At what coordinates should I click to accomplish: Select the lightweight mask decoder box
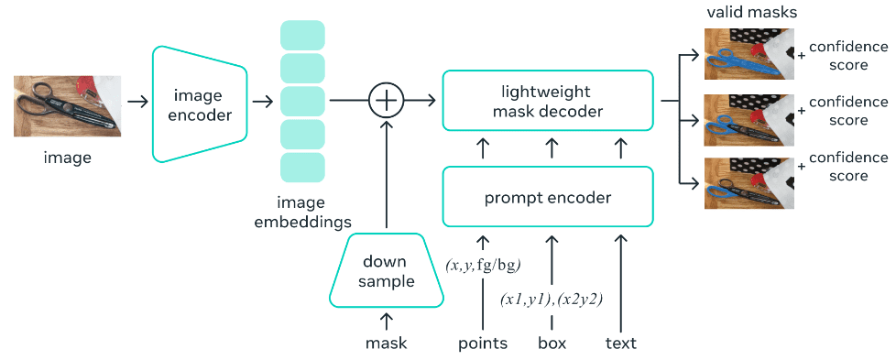coord(548,101)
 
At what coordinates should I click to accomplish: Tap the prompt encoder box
coord(548,197)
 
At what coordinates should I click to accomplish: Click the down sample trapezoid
coord(386,270)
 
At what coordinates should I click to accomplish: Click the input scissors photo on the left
coord(67,105)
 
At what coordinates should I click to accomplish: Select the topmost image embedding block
coord(301,35)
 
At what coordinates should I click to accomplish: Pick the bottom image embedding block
coord(301,168)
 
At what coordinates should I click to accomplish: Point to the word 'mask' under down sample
coord(386,344)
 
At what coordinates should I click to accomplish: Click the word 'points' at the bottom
coord(483,344)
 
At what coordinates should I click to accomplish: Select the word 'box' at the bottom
coord(552,344)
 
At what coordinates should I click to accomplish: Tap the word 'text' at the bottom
coord(620,344)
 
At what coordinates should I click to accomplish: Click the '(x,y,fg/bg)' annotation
coord(483,265)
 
